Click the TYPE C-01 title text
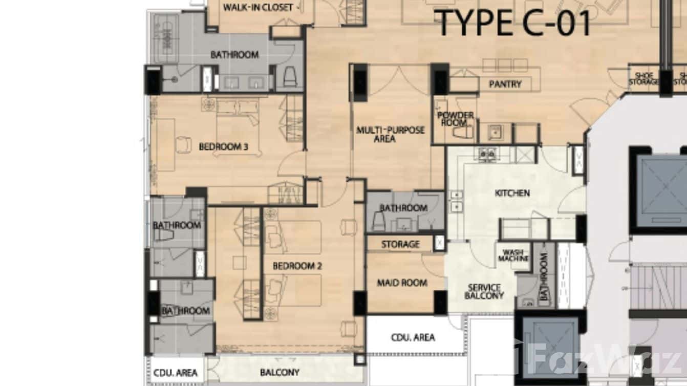pos(514,23)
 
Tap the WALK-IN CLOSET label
pos(258,8)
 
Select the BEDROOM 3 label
pos(223,147)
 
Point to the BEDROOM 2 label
pos(297,266)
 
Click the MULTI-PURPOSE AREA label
pos(391,134)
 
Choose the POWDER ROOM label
pos(455,119)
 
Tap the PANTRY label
pos(505,84)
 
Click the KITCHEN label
pos(512,193)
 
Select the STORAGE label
pos(400,245)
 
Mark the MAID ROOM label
pos(402,283)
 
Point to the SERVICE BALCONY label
pos(484,291)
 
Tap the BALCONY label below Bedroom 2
pos(280,372)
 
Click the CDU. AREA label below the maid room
pos(413,337)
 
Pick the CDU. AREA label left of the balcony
pos(176,373)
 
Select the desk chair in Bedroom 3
pos(182,145)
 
